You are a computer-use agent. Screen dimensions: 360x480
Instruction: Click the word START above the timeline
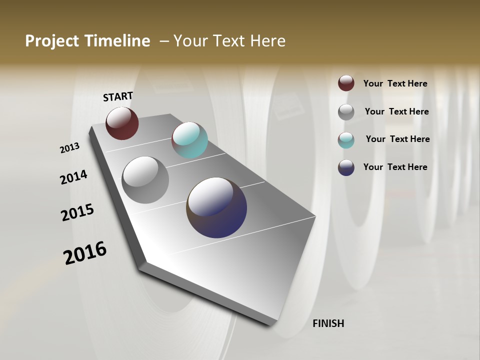[118, 96]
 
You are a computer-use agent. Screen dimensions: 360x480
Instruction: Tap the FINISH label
[328, 323]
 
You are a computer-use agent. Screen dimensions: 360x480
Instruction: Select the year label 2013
[70, 147]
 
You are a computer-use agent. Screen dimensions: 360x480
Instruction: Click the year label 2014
[73, 177]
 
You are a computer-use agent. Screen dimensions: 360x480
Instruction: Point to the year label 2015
[77, 212]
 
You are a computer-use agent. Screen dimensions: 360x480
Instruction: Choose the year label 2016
[85, 253]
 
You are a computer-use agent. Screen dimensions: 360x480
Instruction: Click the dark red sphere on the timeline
[122, 123]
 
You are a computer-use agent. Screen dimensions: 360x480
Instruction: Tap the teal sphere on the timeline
[189, 140]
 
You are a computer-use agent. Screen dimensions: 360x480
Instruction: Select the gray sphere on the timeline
[145, 180]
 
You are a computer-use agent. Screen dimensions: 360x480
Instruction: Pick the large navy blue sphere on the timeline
[216, 207]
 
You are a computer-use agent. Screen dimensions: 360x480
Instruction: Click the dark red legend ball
[346, 83]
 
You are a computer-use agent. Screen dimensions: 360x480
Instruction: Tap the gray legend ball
[346, 111]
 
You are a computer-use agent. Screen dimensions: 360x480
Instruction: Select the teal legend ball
[346, 139]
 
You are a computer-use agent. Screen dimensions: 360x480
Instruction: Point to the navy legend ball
[346, 167]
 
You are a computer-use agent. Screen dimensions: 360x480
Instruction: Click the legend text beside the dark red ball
[395, 83]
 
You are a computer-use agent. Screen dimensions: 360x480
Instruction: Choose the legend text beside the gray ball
[396, 111]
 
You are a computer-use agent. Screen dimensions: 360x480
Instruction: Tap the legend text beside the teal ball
[397, 139]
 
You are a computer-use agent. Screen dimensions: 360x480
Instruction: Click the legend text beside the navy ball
[395, 167]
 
